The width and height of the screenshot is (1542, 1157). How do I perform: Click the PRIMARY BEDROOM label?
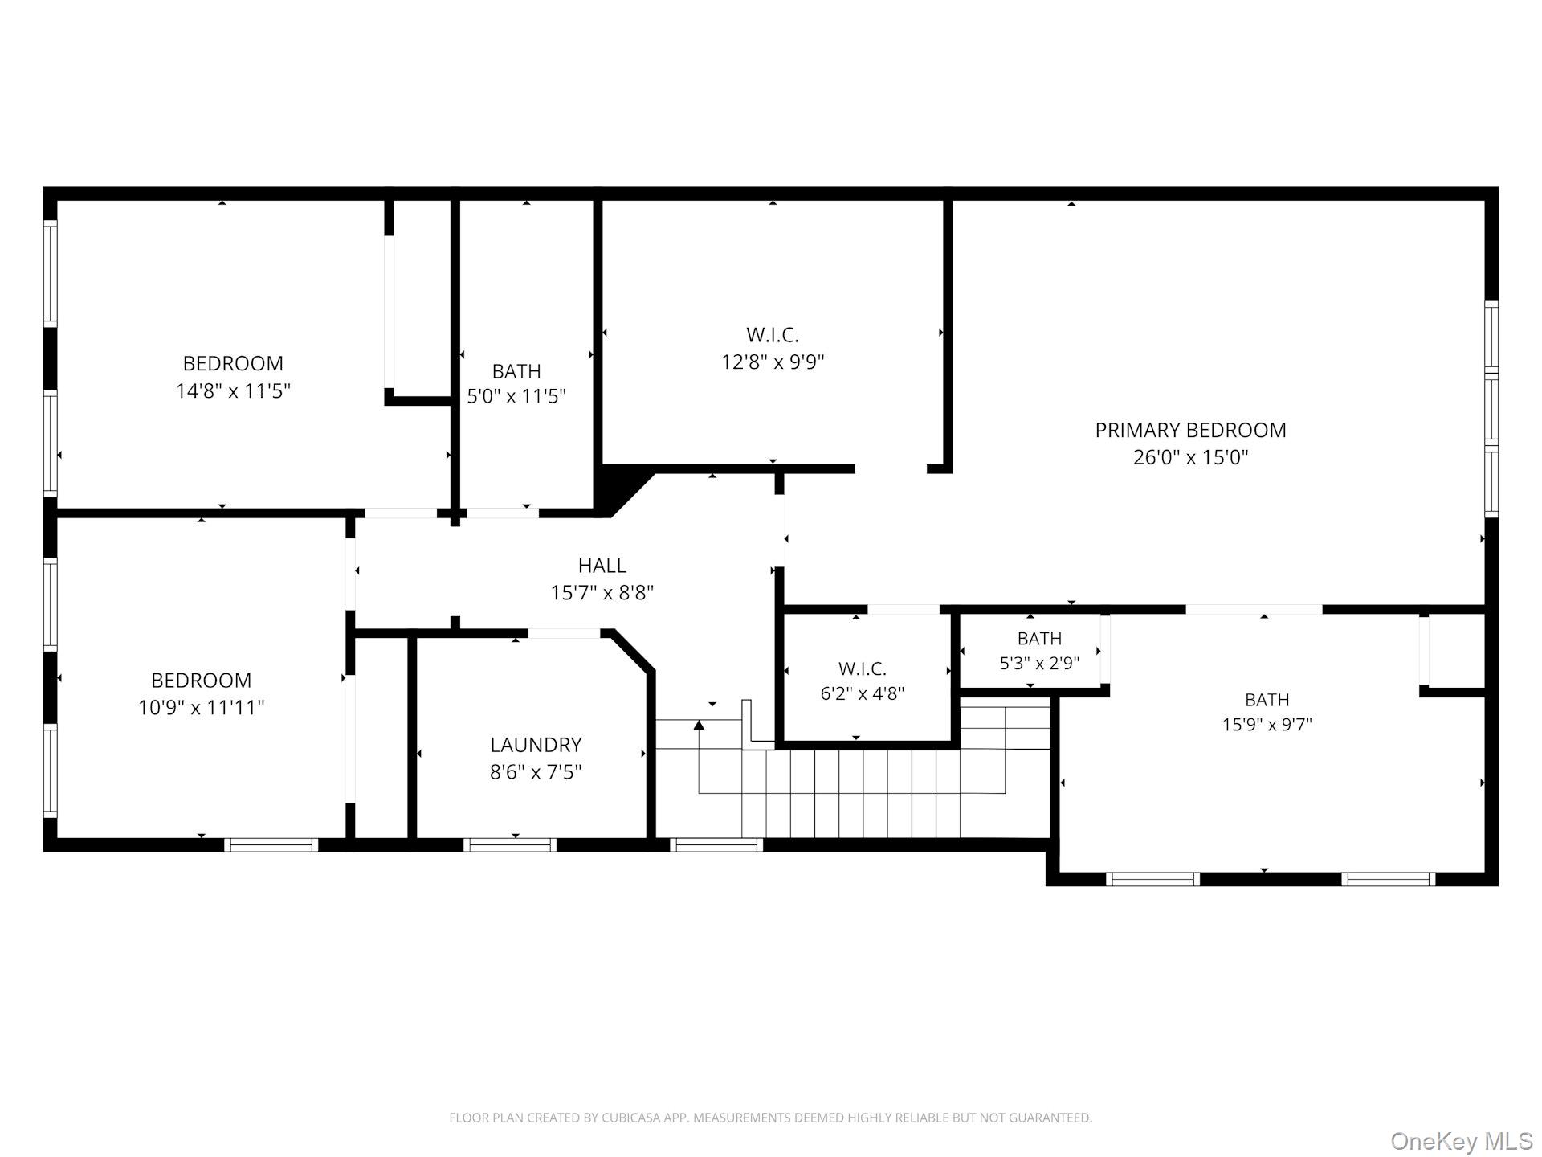tap(1190, 430)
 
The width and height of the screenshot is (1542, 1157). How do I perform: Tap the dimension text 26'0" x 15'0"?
tap(1190, 458)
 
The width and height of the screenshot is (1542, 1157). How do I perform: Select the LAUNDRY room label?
tap(536, 745)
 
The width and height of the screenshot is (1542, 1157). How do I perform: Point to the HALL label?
tap(602, 566)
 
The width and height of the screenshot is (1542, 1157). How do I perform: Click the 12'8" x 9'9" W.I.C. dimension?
tap(773, 362)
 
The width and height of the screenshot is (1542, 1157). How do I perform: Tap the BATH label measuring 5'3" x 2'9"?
tap(1039, 639)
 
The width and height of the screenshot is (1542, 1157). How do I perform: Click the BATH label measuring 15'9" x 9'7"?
tap(1267, 700)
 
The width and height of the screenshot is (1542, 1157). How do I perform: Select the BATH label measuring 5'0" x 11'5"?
tap(516, 371)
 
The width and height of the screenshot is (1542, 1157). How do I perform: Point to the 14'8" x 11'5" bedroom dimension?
tap(233, 391)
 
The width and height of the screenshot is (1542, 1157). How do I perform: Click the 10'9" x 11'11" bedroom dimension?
tap(201, 708)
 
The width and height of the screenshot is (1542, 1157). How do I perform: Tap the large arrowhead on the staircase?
tap(699, 725)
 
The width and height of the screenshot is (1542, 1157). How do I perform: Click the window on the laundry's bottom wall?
tap(509, 844)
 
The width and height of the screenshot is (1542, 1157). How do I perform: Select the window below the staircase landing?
tap(716, 844)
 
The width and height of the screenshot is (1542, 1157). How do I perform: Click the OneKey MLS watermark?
tap(1461, 1141)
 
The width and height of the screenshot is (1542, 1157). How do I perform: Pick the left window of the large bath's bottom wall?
tap(1152, 879)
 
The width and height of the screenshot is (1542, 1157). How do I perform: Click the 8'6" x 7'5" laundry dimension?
tap(536, 773)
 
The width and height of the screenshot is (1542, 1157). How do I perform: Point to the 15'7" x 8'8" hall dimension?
tap(602, 594)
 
